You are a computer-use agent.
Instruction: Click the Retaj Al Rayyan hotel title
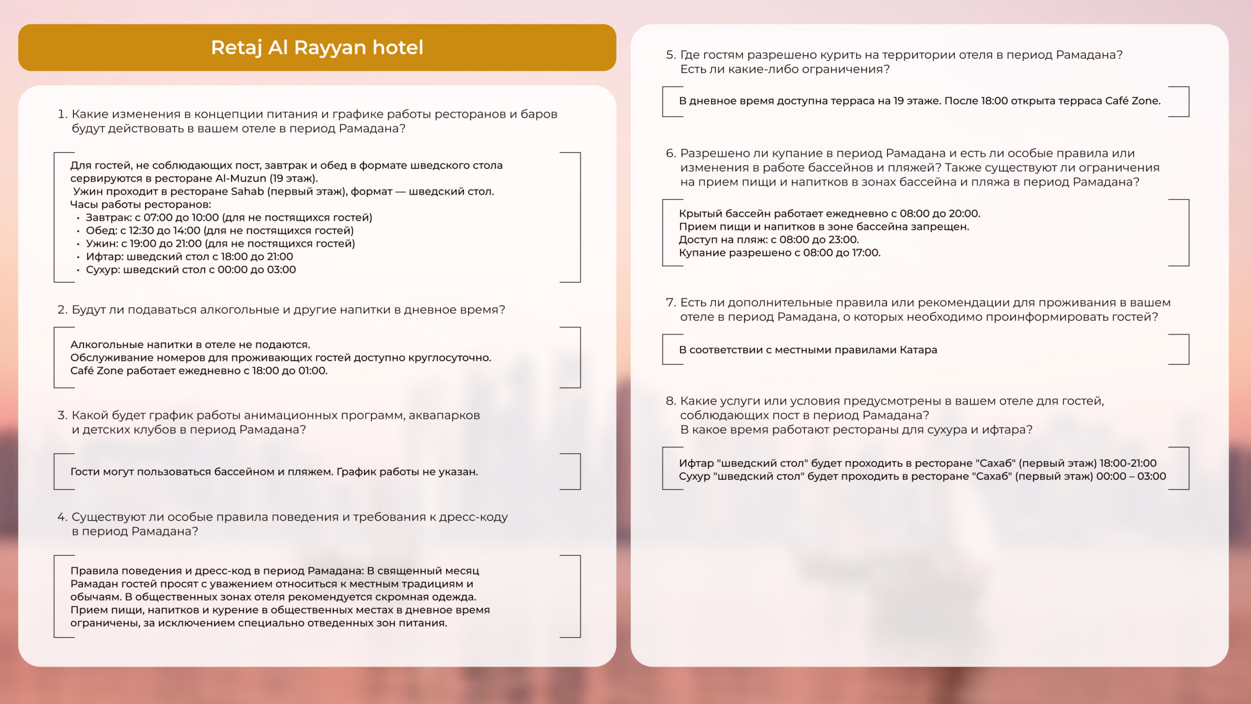317,47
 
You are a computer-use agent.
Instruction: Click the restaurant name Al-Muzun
240,178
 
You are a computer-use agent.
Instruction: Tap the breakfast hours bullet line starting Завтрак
229,218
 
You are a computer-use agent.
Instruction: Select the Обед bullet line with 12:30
219,231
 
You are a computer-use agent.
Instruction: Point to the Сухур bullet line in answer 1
191,270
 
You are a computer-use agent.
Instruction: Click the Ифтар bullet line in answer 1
189,257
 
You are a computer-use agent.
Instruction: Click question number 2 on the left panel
62,310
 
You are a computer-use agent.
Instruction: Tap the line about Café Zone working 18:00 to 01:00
199,371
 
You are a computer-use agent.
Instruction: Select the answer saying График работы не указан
407,472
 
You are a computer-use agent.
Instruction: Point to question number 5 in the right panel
671,55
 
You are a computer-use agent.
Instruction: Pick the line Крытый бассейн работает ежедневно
829,214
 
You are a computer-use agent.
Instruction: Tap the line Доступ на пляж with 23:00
769,240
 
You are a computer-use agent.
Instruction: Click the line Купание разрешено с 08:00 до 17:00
779,253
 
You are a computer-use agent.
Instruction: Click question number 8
671,401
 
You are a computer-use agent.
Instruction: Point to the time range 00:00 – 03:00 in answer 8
1131,477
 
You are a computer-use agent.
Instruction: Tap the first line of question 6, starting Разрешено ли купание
907,154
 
